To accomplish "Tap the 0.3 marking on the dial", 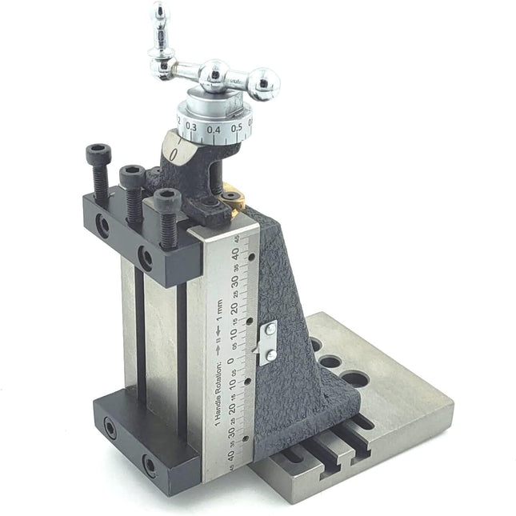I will (x=192, y=126).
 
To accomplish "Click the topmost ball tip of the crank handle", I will (x=162, y=11).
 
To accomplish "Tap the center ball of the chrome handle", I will (x=214, y=75).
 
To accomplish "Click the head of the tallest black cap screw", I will (x=98, y=153).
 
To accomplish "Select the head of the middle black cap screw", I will (x=131, y=172).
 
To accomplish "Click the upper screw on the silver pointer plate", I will (x=272, y=329).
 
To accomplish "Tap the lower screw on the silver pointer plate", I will (x=271, y=354).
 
